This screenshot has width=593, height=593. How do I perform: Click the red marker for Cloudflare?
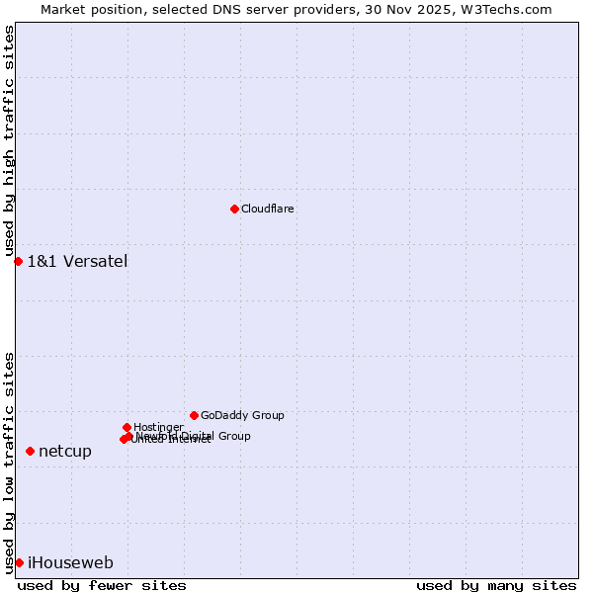[234, 209]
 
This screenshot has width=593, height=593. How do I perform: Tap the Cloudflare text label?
[268, 209]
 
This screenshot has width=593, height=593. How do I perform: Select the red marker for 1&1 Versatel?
[18, 261]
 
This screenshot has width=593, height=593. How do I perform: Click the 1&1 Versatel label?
[77, 261]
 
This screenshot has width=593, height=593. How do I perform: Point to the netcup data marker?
[30, 451]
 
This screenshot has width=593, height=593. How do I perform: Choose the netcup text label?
[65, 451]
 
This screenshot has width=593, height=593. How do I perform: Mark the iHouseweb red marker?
[19, 562]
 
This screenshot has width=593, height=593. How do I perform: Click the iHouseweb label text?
[70, 562]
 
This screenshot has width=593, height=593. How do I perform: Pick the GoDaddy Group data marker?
[194, 415]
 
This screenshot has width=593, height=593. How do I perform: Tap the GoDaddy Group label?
[242, 415]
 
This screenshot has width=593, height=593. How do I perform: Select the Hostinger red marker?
[127, 427]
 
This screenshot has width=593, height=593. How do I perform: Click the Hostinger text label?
[158, 427]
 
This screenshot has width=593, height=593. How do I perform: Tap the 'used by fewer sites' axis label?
[102, 585]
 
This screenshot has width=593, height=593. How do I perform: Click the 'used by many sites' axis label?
[496, 585]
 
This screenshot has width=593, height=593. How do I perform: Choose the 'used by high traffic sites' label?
[9, 141]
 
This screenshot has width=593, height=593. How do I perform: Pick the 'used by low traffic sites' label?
[9, 462]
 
